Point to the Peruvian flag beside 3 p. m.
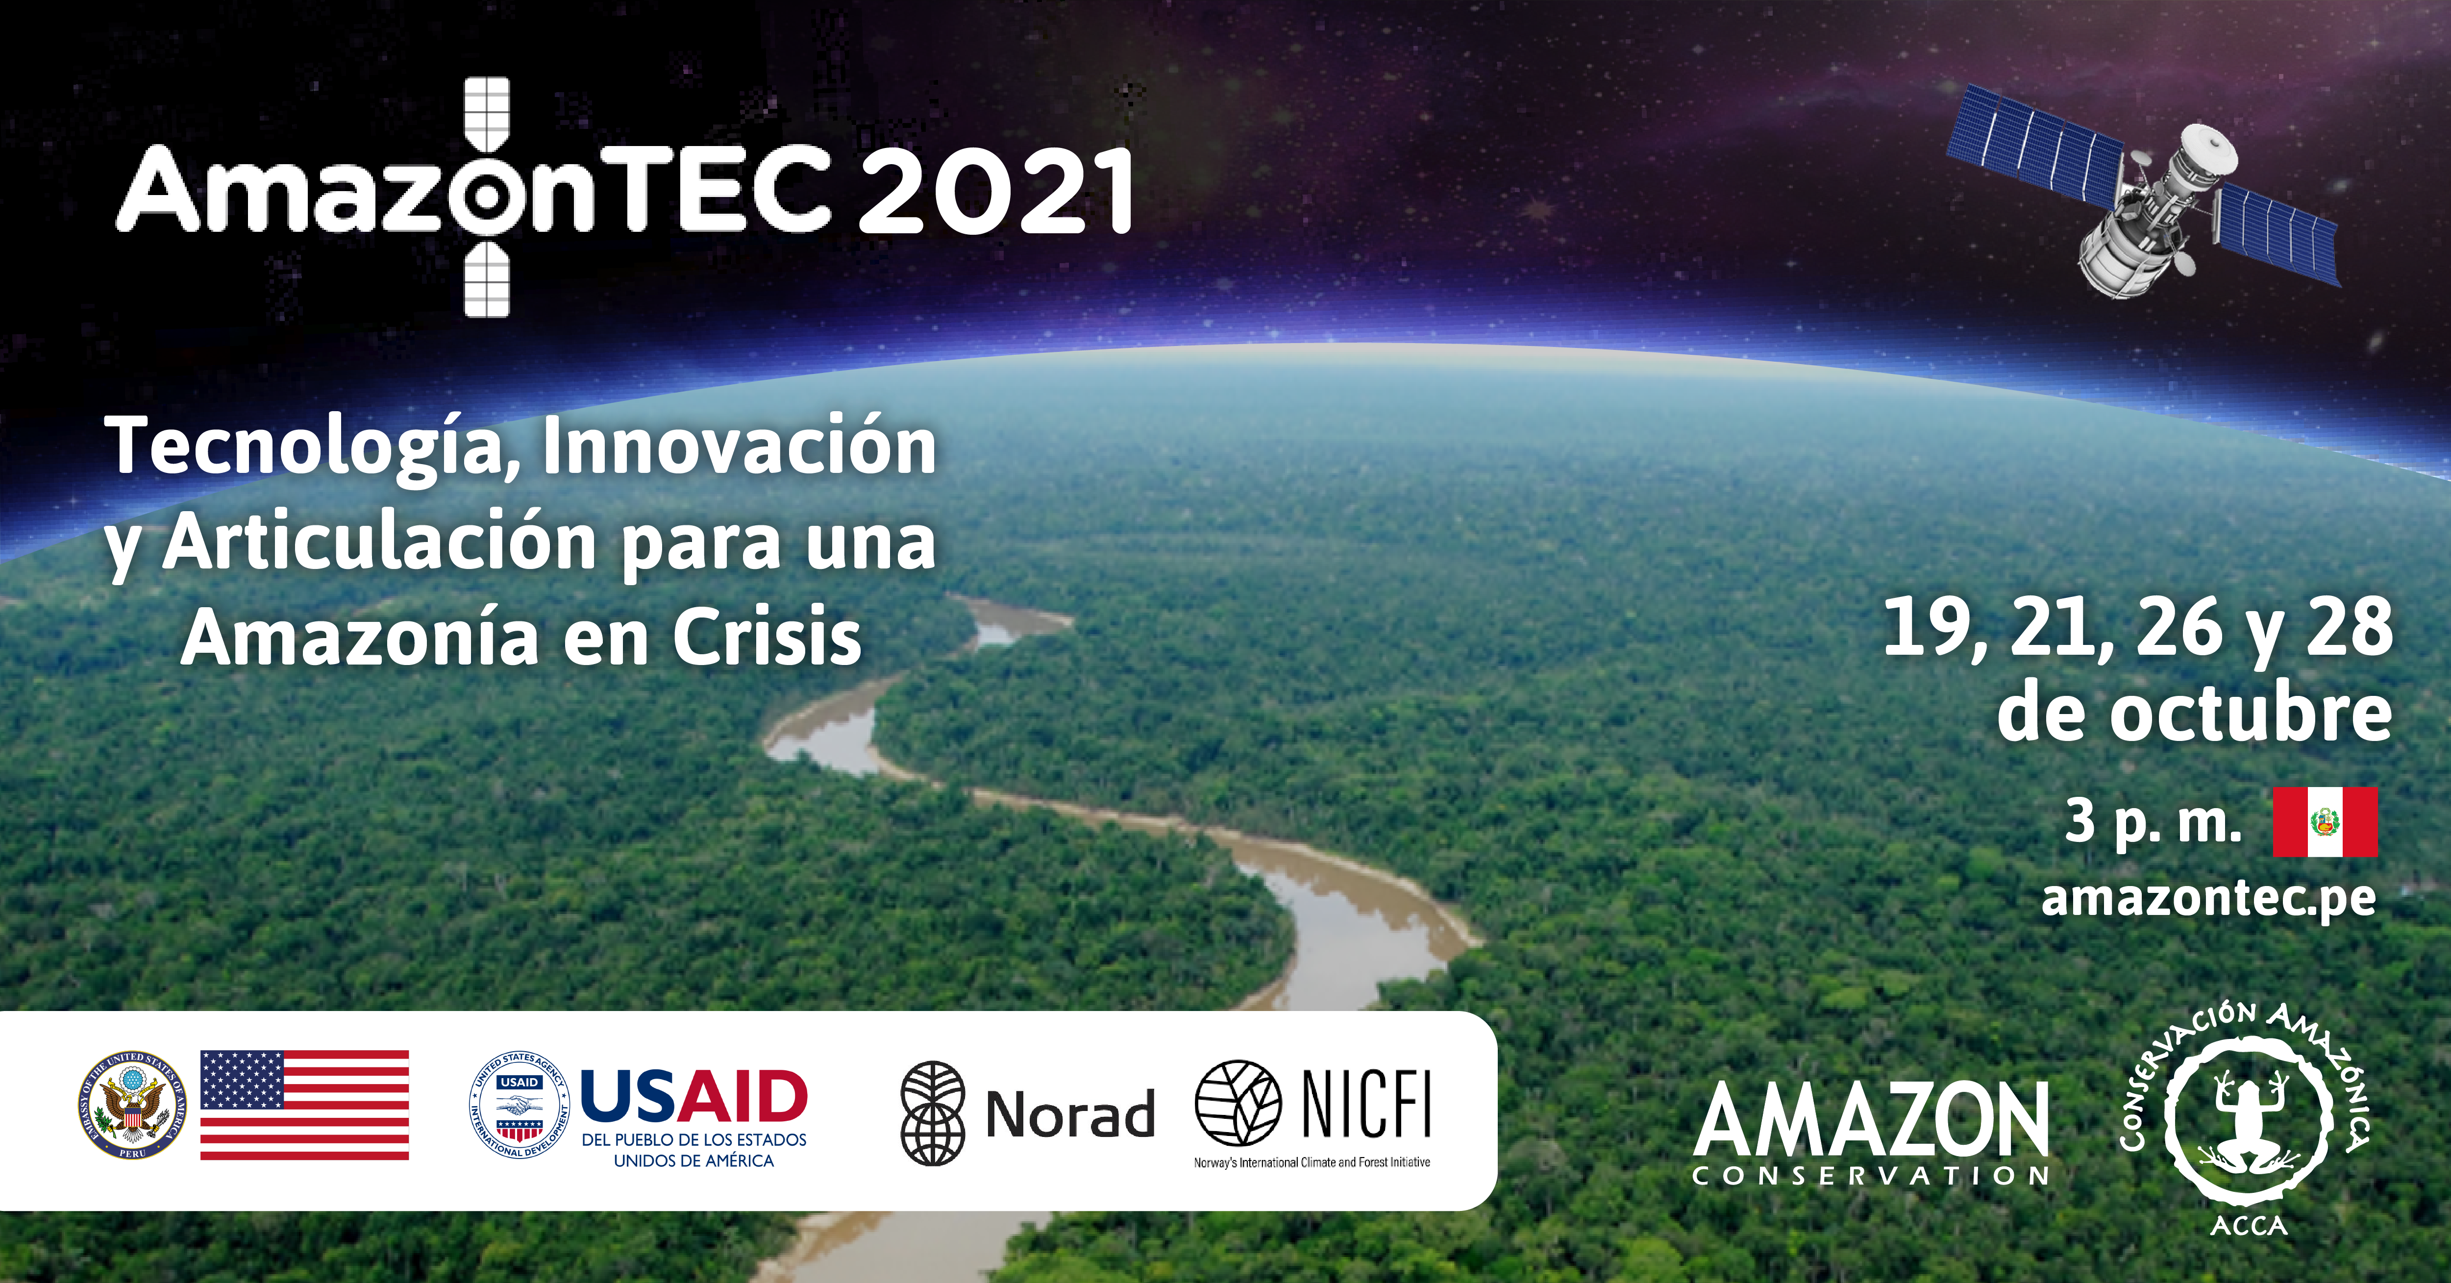[2325, 822]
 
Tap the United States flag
[304, 1105]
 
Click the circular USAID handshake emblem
[520, 1105]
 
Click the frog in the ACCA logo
[2249, 1122]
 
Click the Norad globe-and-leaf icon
[933, 1113]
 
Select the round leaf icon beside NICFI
[1238, 1103]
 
